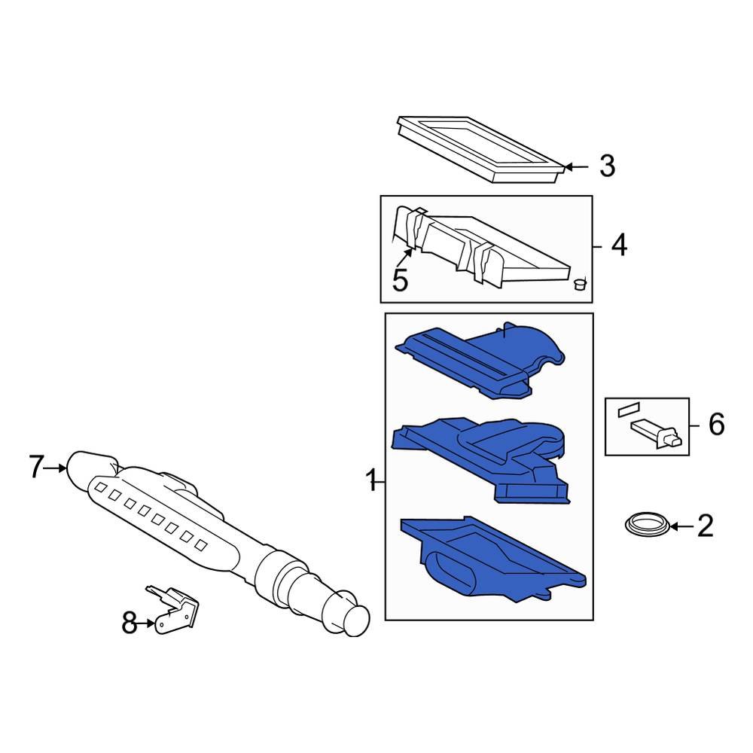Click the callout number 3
click(x=607, y=166)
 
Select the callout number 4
click(x=618, y=245)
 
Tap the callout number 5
click(x=400, y=280)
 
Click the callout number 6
click(x=715, y=425)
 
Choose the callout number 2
click(x=705, y=526)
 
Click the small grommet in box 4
click(x=579, y=284)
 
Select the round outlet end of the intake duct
click(x=354, y=619)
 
